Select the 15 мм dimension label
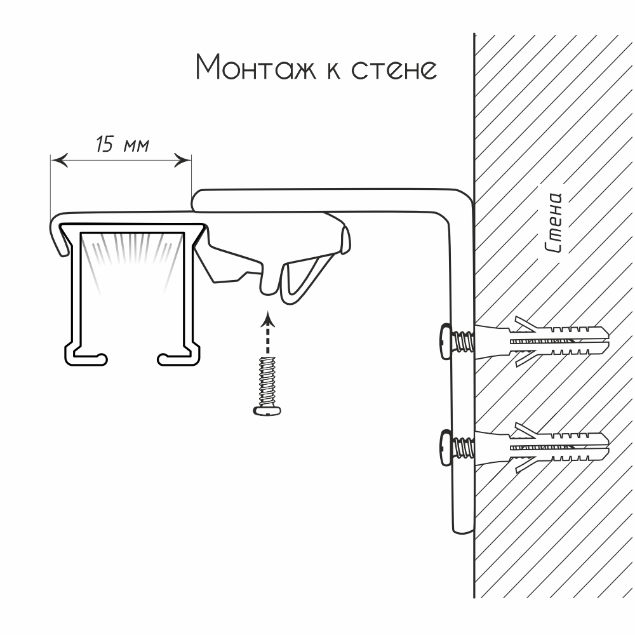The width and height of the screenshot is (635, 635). point(123,145)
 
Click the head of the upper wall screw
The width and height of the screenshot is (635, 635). point(445,342)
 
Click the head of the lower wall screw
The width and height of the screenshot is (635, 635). point(445,448)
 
